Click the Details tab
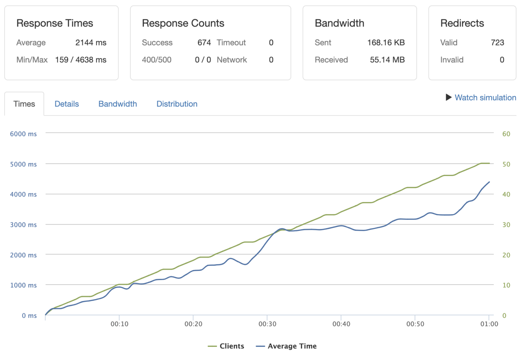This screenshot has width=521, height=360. (66, 104)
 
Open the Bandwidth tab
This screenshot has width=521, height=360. (117, 104)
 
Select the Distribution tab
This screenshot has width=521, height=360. (177, 104)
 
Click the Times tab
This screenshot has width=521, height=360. (24, 104)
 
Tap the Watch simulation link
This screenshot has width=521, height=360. (485, 98)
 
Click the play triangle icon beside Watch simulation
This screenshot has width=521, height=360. (448, 97)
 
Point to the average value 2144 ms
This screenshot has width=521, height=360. (91, 42)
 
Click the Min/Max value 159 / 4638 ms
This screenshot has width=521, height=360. (81, 60)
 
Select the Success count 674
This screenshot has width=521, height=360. (204, 42)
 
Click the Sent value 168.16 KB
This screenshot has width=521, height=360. (386, 42)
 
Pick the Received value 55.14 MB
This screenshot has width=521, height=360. (387, 60)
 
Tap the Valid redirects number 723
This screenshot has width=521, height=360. (497, 42)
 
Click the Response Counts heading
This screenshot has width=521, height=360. (183, 23)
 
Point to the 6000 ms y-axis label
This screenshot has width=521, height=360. (23, 134)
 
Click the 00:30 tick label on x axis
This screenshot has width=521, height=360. (267, 324)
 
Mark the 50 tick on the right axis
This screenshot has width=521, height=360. (506, 164)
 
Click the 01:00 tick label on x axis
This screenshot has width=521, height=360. (489, 324)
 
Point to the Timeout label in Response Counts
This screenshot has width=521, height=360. (231, 42)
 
